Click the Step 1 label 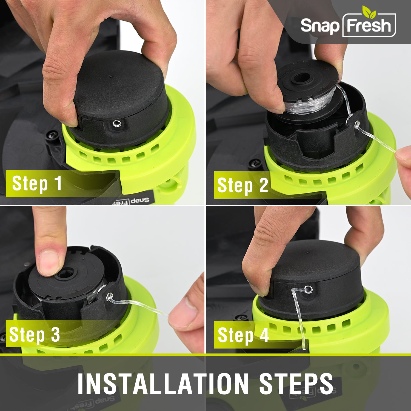(x=37, y=183)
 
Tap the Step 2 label (x=242, y=185)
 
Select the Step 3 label (x=35, y=335)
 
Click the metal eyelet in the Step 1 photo (x=117, y=124)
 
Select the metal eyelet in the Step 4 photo (x=308, y=289)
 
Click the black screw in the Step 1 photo (x=53, y=135)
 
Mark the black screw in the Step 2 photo (x=254, y=164)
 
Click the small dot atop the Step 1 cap (x=110, y=76)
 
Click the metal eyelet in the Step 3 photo (x=110, y=296)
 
